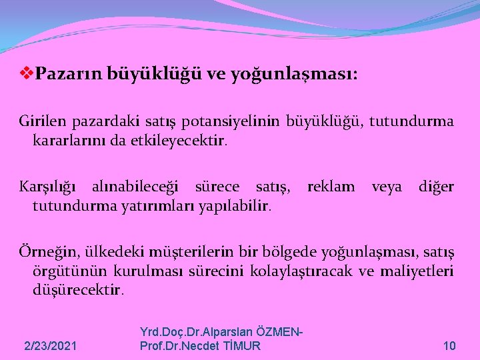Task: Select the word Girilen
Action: pyautogui.click(x=41, y=121)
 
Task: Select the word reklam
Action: pyautogui.click(x=331, y=187)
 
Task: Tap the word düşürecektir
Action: pyautogui.click(x=77, y=290)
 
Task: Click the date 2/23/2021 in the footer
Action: pyautogui.click(x=50, y=346)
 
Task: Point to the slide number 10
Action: pyautogui.click(x=449, y=346)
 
